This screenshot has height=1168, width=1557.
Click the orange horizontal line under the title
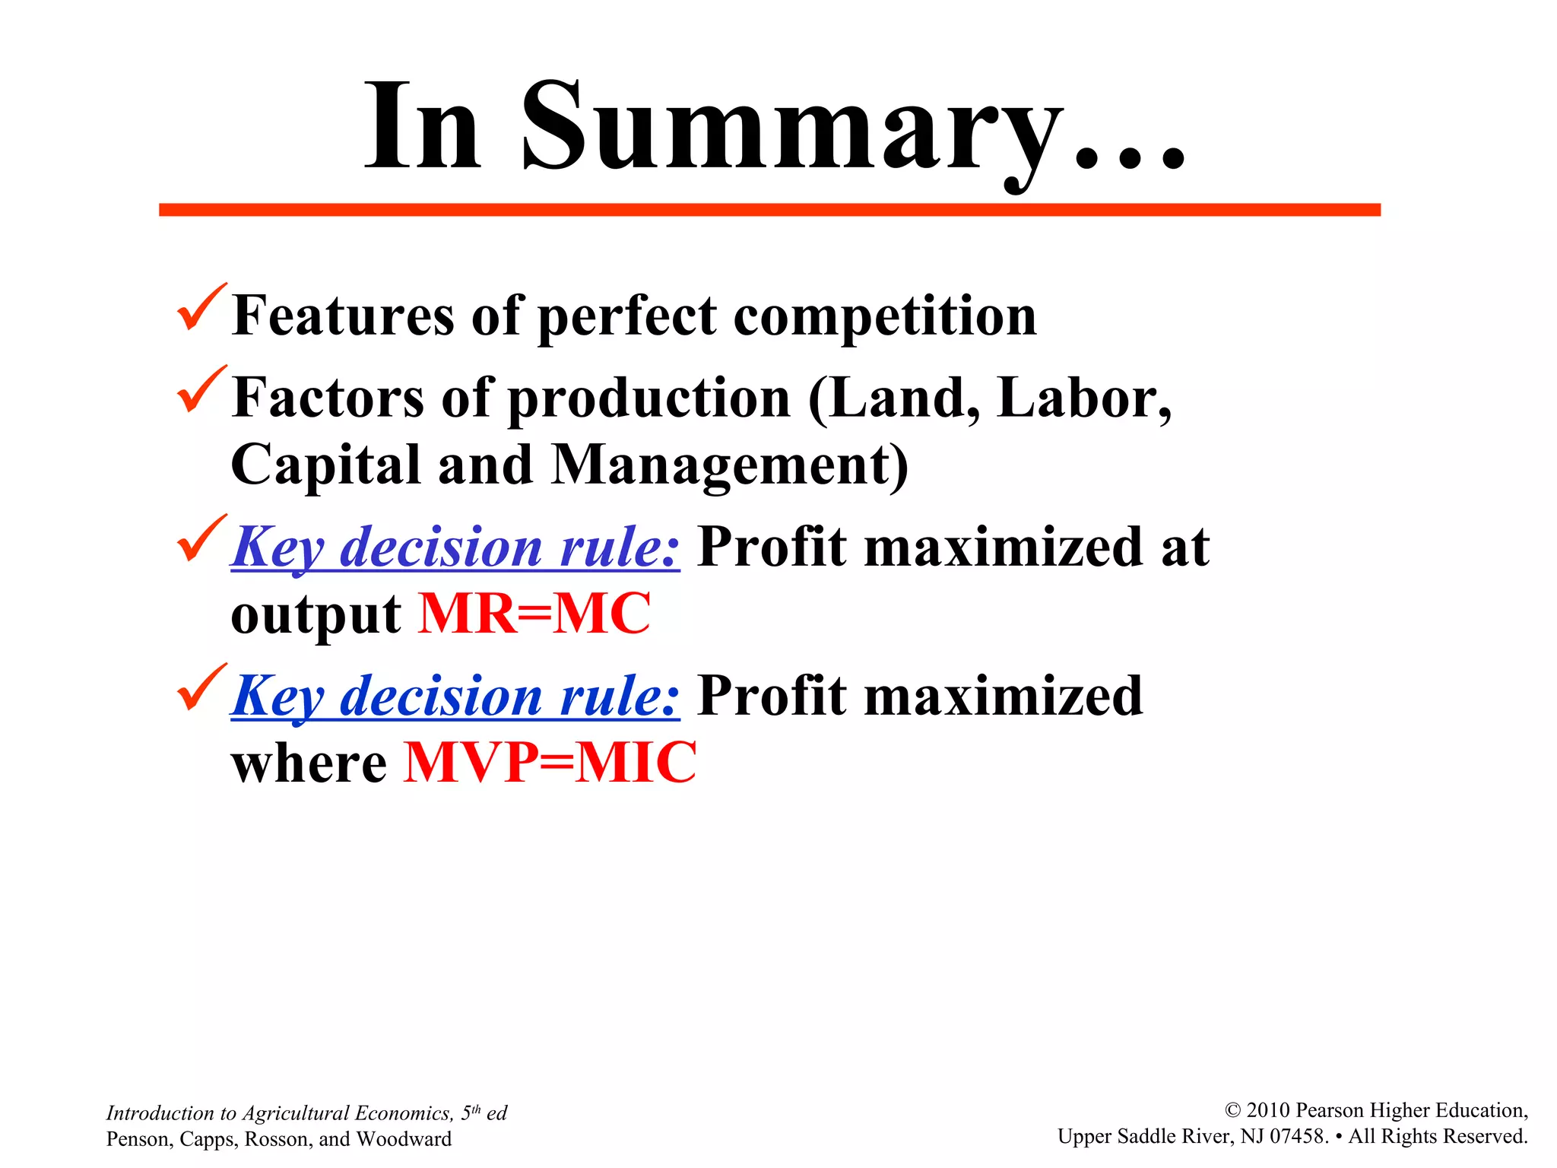769,210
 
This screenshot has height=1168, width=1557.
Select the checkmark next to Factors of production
201,391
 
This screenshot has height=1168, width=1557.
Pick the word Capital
325,465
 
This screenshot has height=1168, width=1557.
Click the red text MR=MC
534,614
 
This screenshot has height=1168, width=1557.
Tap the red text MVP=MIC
550,763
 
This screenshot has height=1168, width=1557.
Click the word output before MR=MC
316,615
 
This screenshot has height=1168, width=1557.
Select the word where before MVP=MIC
309,764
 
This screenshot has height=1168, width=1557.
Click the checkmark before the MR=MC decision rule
201,540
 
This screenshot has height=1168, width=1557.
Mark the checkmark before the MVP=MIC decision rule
201,689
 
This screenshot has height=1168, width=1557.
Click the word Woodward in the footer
404,1139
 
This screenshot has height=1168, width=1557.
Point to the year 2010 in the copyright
1268,1111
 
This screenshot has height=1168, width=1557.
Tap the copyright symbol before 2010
1233,1111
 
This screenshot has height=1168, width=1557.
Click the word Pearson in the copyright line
1331,1111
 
